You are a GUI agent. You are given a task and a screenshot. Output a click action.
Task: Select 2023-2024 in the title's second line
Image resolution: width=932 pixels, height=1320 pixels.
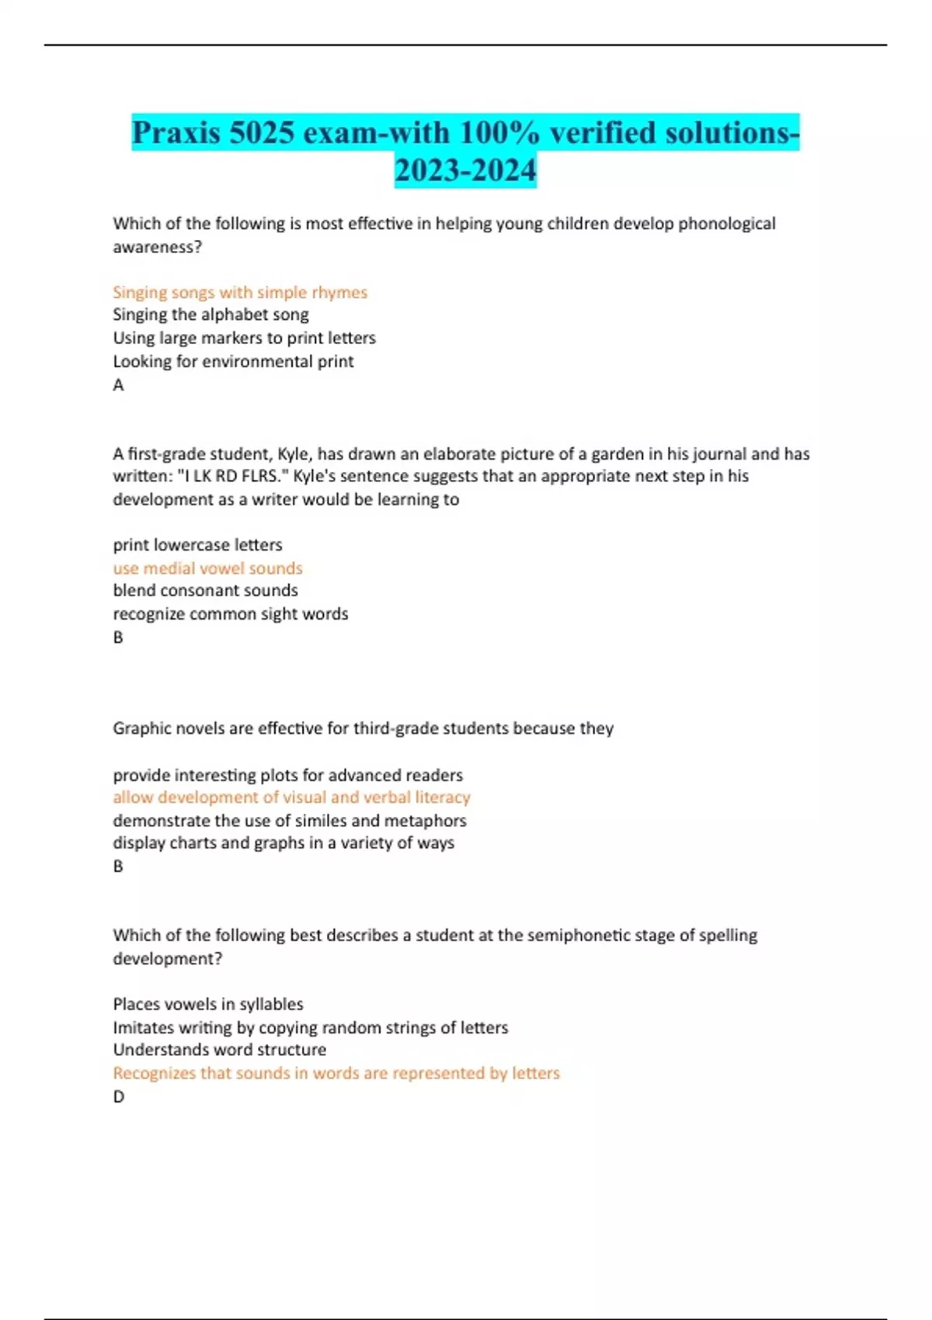(465, 170)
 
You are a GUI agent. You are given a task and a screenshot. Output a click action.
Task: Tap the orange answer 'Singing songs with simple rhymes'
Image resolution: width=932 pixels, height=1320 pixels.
(240, 292)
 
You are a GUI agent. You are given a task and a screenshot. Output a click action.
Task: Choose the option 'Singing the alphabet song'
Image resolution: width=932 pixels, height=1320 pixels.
(210, 314)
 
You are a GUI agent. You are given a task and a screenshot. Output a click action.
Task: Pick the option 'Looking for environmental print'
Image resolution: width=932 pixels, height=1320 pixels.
(233, 361)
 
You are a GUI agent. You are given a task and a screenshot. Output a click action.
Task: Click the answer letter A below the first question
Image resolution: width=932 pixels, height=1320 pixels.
(118, 384)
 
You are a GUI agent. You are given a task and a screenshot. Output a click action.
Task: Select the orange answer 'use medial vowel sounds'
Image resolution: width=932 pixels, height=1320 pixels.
(207, 568)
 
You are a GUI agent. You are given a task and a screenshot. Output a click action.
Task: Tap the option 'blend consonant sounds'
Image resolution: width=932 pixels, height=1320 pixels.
(205, 590)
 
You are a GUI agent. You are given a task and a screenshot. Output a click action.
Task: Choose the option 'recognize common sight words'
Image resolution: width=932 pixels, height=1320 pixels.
(230, 613)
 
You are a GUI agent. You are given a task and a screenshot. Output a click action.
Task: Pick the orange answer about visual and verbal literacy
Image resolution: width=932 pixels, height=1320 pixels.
(291, 797)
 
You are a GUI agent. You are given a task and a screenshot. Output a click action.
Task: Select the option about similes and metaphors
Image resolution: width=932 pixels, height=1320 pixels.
(289, 821)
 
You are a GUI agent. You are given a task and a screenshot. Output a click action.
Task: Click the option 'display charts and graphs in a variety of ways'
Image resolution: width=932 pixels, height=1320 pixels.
(283, 842)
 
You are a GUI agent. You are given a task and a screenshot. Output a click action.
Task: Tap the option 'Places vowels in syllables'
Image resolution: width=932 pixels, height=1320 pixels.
(207, 1004)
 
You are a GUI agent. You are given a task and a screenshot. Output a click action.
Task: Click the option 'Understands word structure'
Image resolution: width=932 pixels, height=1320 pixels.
(219, 1050)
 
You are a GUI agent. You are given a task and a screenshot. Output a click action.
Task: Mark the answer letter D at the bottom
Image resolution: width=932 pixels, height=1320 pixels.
(118, 1096)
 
